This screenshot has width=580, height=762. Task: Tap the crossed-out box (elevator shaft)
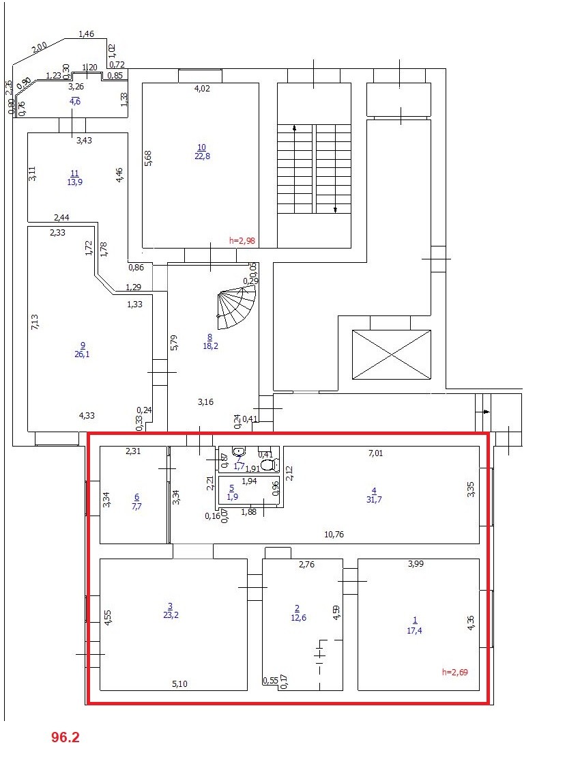pyautogui.click(x=391, y=354)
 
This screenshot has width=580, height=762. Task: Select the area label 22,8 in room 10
pyautogui.click(x=201, y=156)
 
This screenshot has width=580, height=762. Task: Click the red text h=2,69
pyautogui.click(x=455, y=672)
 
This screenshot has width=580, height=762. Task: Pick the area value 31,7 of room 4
pyautogui.click(x=373, y=499)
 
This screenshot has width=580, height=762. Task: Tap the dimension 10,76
pyautogui.click(x=334, y=535)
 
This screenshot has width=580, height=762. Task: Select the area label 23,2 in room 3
pyautogui.click(x=170, y=615)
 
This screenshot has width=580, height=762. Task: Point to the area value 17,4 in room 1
pyautogui.click(x=414, y=630)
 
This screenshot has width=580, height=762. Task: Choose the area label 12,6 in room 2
pyautogui.click(x=297, y=618)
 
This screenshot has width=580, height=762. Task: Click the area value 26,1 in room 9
pyautogui.click(x=83, y=354)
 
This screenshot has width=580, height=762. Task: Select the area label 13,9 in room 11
pyautogui.click(x=75, y=182)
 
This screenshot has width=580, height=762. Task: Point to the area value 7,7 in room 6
pyautogui.click(x=136, y=506)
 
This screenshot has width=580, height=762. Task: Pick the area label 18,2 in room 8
pyautogui.click(x=209, y=346)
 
